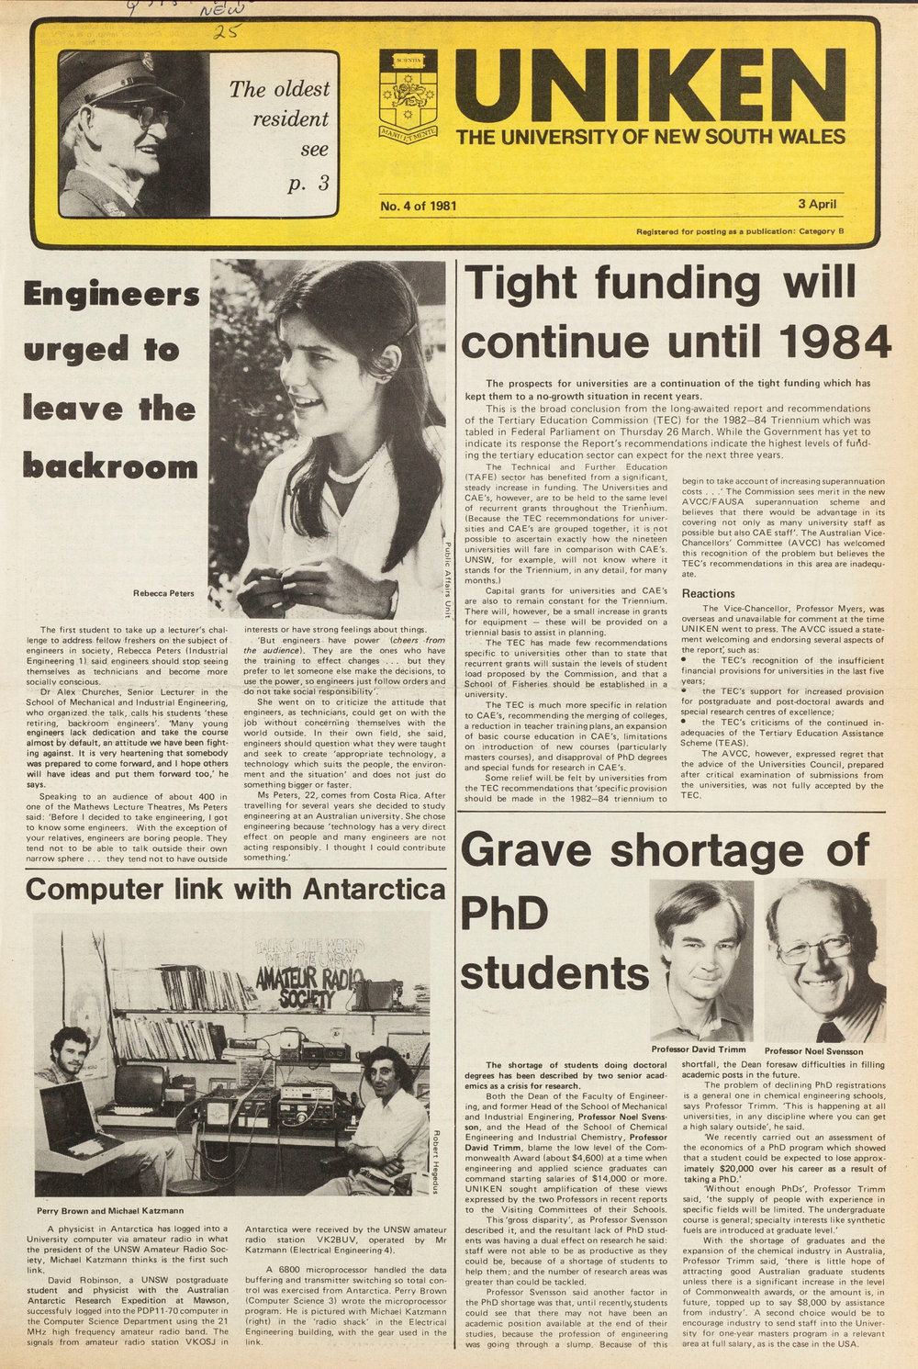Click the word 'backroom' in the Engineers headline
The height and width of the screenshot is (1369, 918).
[110, 466]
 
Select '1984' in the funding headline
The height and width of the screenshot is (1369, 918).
[835, 342]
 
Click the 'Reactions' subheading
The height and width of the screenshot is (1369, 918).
[708, 594]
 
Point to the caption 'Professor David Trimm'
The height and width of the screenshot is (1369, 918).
[700, 1049]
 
